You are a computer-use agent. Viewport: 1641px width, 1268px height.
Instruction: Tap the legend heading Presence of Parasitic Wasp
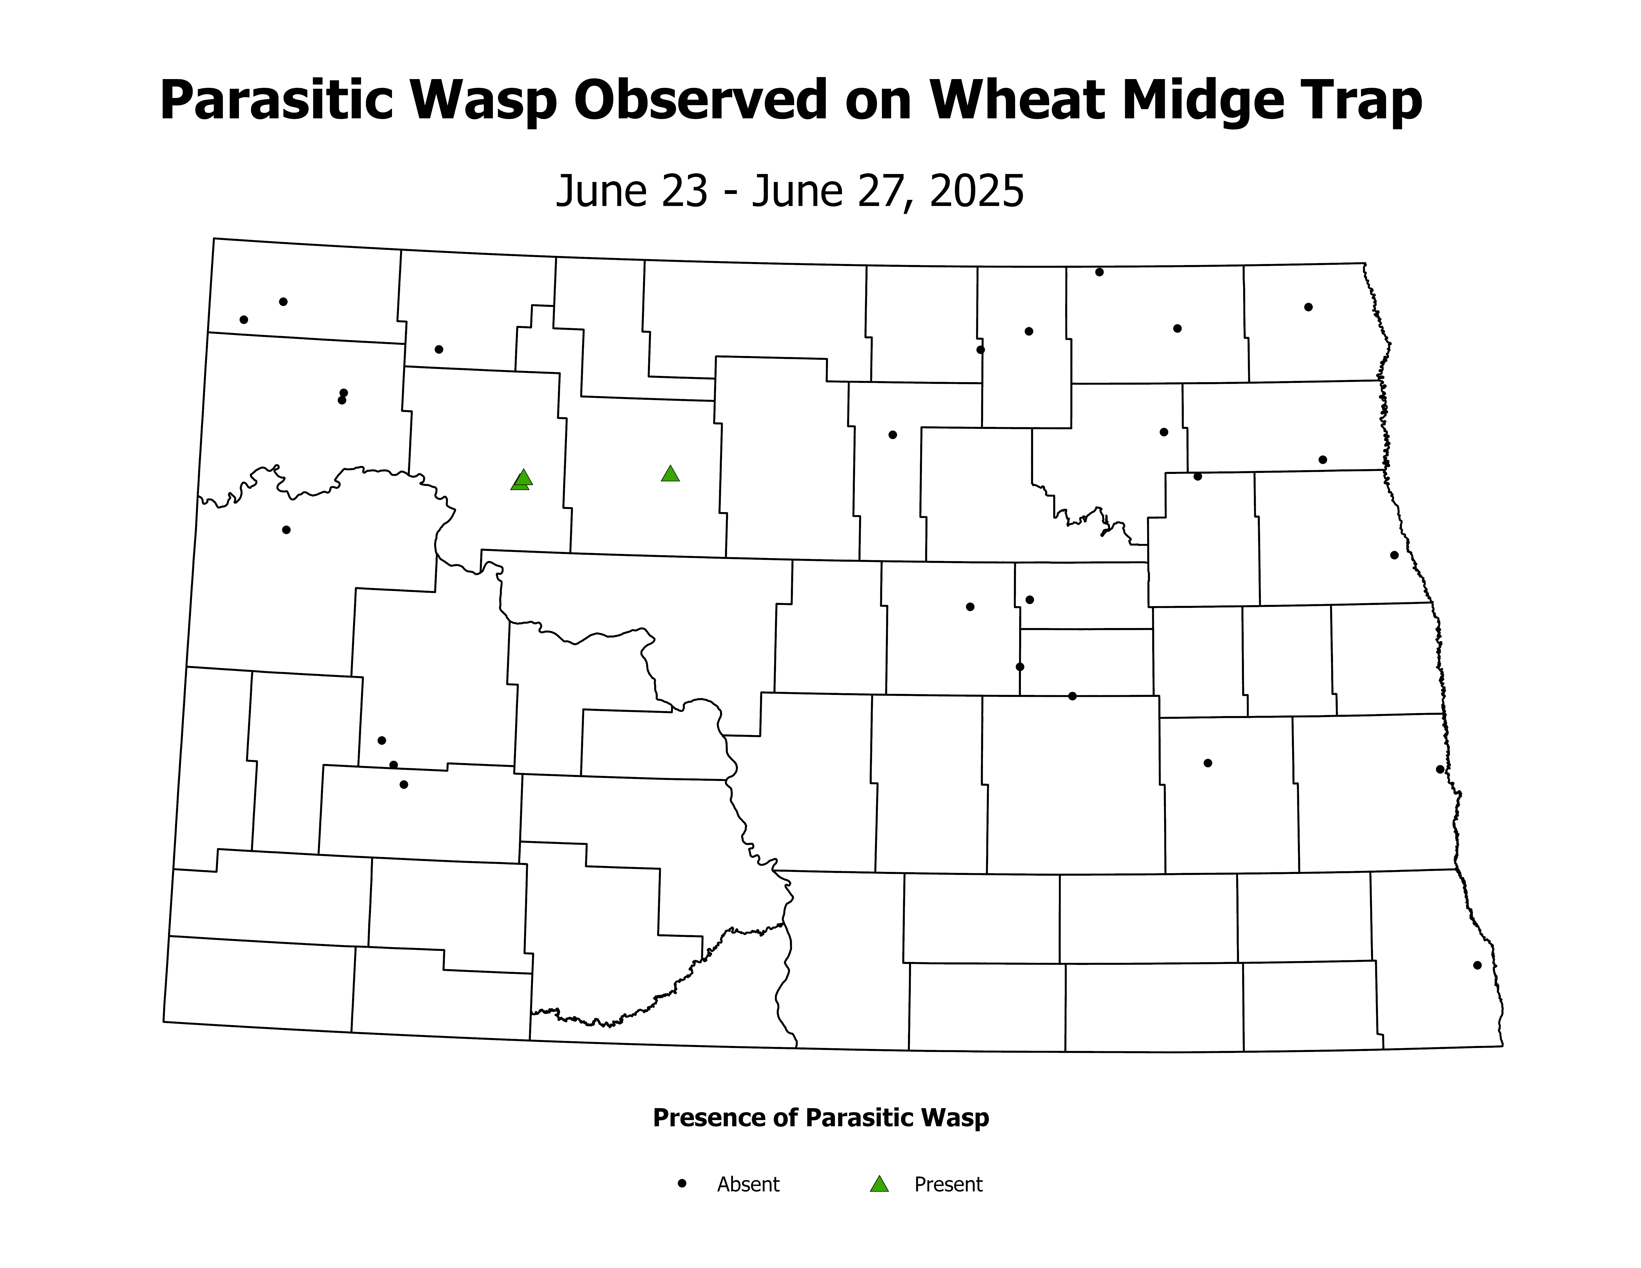820,1118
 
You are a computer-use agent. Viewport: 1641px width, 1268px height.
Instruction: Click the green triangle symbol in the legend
879,1185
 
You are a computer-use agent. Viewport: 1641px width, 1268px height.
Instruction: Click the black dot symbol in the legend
682,1183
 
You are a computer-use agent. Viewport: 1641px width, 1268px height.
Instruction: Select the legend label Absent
748,1185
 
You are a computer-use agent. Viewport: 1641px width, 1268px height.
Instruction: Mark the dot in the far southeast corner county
1477,965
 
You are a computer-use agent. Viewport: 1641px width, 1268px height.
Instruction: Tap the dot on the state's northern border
1099,272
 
